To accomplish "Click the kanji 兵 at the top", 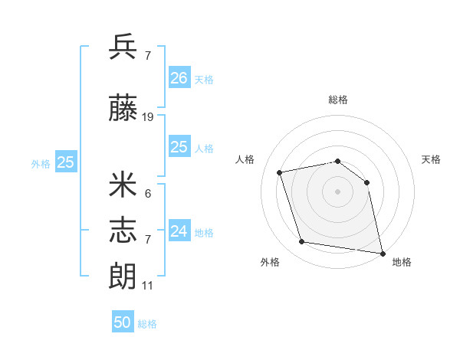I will click(123, 47).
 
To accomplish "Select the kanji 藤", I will click(123, 110).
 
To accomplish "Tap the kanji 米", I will click(123, 185).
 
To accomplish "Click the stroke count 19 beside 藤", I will click(148, 117).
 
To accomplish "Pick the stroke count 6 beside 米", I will click(147, 194).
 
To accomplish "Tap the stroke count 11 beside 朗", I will click(147, 286).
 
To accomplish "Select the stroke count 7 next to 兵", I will click(147, 55).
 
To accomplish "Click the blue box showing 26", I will click(179, 77).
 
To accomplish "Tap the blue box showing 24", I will click(179, 231).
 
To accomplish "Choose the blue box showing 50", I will click(123, 322).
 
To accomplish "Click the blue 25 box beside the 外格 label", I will click(66, 162).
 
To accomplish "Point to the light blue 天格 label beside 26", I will click(204, 80).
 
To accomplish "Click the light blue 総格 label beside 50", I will click(147, 324).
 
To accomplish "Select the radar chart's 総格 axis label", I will click(338, 100).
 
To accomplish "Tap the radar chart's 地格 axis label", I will click(402, 263).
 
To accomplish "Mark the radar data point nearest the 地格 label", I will click(382, 253).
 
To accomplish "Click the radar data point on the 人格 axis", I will click(281, 172).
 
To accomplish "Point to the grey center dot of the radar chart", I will click(338, 191).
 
